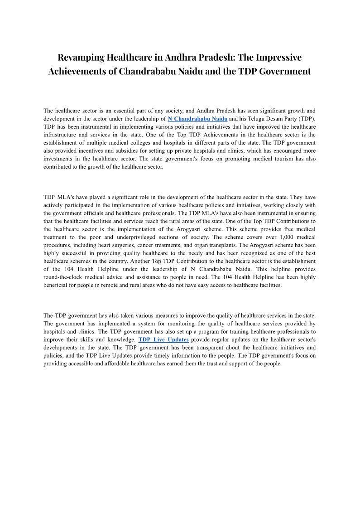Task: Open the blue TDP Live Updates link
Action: (163, 339)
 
